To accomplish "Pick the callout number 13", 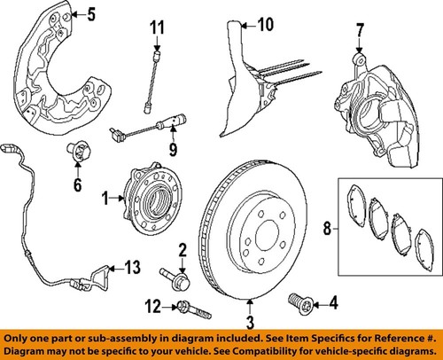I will pyautogui.click(x=132, y=268).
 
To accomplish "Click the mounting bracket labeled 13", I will pyautogui.click(x=99, y=274).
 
